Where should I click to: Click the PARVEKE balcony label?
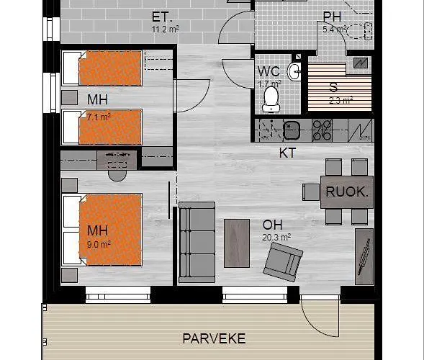click(214, 338)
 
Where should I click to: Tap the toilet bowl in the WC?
click(271, 99)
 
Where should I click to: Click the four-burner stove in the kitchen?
click(322, 130)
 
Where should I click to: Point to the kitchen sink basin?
click(292, 130)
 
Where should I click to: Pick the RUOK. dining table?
click(347, 192)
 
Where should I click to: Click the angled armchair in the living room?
click(283, 262)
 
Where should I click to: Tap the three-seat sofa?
click(197, 243)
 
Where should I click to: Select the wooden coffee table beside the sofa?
click(237, 243)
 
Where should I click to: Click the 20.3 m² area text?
click(276, 237)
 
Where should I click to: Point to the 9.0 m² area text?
click(99, 244)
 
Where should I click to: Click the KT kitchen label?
click(287, 153)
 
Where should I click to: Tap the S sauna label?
click(334, 87)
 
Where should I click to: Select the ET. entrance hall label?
click(162, 17)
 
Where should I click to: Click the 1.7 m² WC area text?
click(269, 84)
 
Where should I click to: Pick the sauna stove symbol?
click(361, 63)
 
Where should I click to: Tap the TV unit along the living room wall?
click(364, 256)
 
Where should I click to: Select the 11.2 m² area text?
click(166, 29)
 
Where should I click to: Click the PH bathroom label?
click(333, 17)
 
